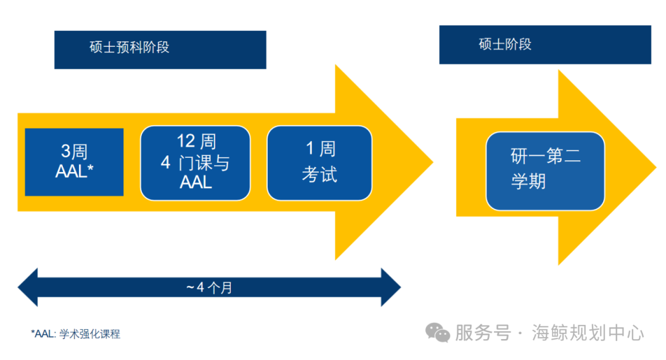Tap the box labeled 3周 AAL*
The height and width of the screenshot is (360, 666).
[x=74, y=162]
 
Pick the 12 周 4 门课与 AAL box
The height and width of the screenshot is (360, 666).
[x=195, y=163]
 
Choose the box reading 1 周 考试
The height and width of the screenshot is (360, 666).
[x=319, y=163]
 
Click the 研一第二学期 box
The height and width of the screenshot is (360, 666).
[x=545, y=170]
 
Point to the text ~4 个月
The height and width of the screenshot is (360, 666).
[x=209, y=287]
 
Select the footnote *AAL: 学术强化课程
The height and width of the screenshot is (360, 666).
[x=75, y=334]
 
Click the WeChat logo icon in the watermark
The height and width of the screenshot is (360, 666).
[x=439, y=333]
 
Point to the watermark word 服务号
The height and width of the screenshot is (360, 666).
[x=483, y=333]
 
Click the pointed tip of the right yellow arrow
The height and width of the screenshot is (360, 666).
[x=654, y=168]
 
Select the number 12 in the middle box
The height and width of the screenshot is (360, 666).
[x=186, y=141]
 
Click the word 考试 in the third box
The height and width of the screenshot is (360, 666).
[x=319, y=174]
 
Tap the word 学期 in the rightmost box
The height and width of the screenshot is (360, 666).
[x=528, y=182]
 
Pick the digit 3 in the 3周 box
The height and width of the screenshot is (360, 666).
[x=65, y=151]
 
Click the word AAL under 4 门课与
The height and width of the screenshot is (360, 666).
[x=195, y=182]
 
